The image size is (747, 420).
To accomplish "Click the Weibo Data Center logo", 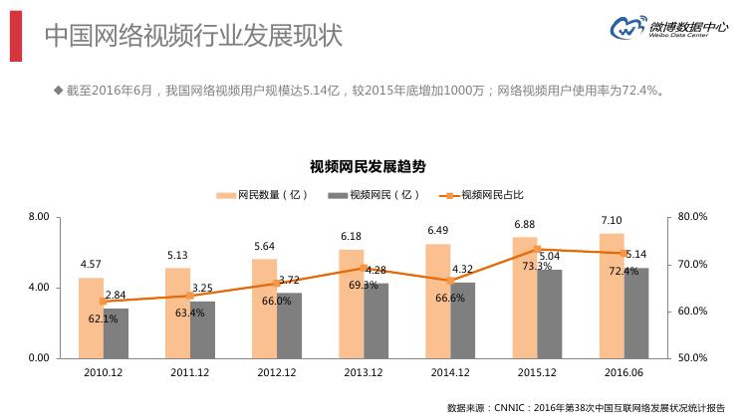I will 668,33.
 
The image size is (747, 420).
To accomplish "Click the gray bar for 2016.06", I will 636,313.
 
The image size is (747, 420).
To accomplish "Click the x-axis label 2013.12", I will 364,372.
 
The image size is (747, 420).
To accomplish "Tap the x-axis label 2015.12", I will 537,372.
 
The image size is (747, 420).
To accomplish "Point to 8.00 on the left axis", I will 39,217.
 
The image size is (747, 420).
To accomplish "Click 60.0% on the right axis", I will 692,312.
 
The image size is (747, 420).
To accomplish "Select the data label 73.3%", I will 537,266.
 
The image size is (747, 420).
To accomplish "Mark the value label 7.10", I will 612,220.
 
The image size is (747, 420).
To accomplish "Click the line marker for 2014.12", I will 450,281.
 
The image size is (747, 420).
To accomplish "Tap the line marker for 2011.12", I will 190,296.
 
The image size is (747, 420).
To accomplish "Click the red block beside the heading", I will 16,36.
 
